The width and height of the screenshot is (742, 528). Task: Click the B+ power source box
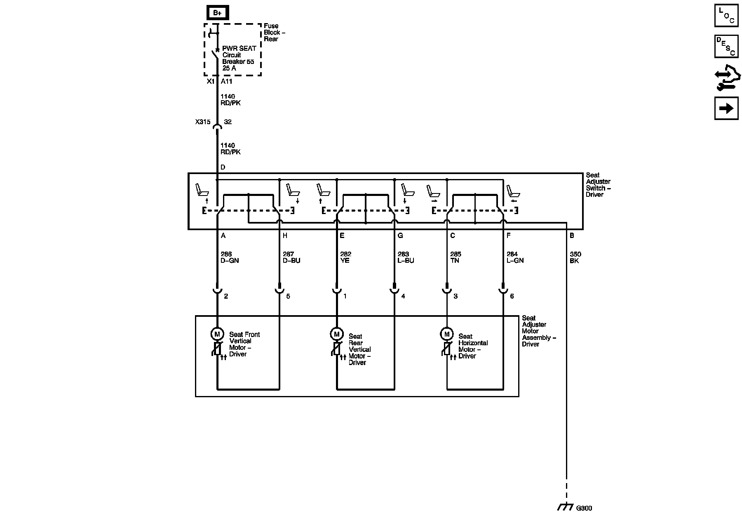[217, 13]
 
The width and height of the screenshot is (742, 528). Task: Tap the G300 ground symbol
[565, 507]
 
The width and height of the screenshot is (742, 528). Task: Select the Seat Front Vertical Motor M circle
[217, 334]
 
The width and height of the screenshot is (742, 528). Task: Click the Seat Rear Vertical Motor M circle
[336, 334]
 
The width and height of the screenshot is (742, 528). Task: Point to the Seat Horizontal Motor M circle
[446, 334]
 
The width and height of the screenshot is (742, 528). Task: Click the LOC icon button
[726, 16]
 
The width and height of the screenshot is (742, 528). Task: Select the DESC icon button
[726, 46]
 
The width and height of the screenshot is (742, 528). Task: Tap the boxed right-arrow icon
[726, 108]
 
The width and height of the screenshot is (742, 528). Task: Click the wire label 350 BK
[575, 257]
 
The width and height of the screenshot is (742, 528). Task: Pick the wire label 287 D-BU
[291, 257]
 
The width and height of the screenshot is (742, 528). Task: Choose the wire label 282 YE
[345, 257]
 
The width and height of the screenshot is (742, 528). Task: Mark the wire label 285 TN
[456, 257]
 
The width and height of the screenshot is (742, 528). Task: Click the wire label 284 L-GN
[515, 257]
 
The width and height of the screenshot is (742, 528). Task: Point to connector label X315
[203, 122]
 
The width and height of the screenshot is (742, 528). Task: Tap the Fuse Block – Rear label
[275, 32]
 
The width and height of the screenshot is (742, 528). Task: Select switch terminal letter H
[285, 236]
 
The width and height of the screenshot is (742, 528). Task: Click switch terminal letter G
[400, 236]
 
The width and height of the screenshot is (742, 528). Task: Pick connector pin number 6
[512, 296]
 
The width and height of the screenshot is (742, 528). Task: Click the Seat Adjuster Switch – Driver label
[598, 185]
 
